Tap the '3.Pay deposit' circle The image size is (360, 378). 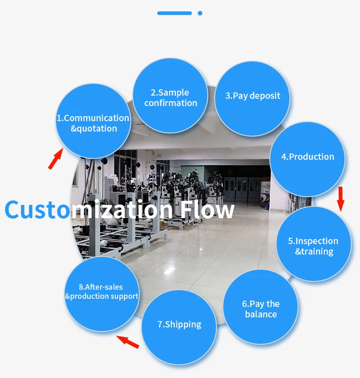252,96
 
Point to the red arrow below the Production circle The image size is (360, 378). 340,198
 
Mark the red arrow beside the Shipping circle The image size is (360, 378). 128,342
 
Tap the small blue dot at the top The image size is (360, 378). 200,13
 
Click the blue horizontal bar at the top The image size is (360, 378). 175,13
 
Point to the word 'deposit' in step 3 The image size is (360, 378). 265,96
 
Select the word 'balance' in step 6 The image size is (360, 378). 261,314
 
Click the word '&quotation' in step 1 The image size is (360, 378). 94,128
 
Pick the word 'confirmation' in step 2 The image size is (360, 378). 171,103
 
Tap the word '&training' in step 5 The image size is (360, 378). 314,251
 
